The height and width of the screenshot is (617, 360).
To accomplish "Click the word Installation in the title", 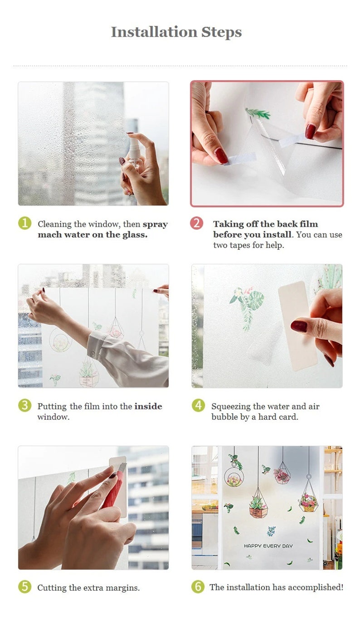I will (153, 32).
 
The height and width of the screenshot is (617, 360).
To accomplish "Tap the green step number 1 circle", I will (24, 223).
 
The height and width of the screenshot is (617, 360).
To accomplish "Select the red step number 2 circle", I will (197, 223).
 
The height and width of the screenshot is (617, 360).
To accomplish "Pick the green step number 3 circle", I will (24, 405).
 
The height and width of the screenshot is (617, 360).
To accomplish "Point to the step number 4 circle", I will (198, 405).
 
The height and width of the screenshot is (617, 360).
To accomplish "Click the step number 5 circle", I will (24, 587).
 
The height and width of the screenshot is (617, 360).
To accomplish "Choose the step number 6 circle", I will (198, 587).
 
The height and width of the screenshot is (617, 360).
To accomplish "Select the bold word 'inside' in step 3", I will (148, 406).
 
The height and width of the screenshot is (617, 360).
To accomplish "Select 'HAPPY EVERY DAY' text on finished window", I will (268, 546).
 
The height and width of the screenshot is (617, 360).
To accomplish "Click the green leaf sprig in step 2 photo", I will (259, 113).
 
